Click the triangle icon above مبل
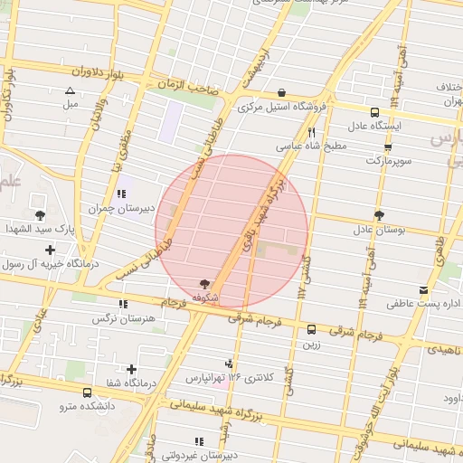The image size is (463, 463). tap(71, 90)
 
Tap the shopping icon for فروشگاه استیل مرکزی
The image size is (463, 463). tap(282, 93)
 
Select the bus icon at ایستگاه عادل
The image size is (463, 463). tap(375, 112)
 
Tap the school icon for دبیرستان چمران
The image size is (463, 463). tap(121, 194)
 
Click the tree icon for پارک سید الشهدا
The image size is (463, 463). tap(41, 214)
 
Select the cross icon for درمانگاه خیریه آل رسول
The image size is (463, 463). tap(51, 250)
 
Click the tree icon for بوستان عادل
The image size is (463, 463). tap(378, 215)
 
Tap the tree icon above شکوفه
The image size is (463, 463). tap(204, 283)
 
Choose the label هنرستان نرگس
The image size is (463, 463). tap(124, 319)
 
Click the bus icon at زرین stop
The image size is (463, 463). tap(312, 329)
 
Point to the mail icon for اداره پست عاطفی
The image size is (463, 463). tap(423, 290)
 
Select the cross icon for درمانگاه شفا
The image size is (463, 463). tap(132, 369)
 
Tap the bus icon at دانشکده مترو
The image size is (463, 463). tap(86, 393)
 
